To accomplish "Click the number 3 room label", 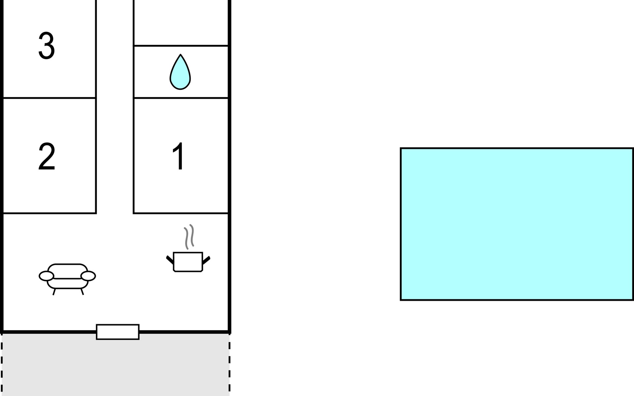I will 47,46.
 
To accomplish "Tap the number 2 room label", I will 47,156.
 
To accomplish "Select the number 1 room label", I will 179,156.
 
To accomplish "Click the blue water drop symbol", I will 180,73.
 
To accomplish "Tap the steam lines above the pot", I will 189,236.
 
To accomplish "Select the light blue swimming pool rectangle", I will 517,224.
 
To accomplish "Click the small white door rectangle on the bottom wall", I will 118,332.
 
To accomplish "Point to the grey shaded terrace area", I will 116,366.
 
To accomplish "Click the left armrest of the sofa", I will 46,276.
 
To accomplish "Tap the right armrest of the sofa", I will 88,276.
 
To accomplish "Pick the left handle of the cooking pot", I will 170,260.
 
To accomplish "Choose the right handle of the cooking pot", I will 206,260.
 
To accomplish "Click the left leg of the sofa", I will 54,292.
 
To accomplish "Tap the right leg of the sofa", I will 82,292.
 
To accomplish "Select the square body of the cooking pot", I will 188,262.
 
